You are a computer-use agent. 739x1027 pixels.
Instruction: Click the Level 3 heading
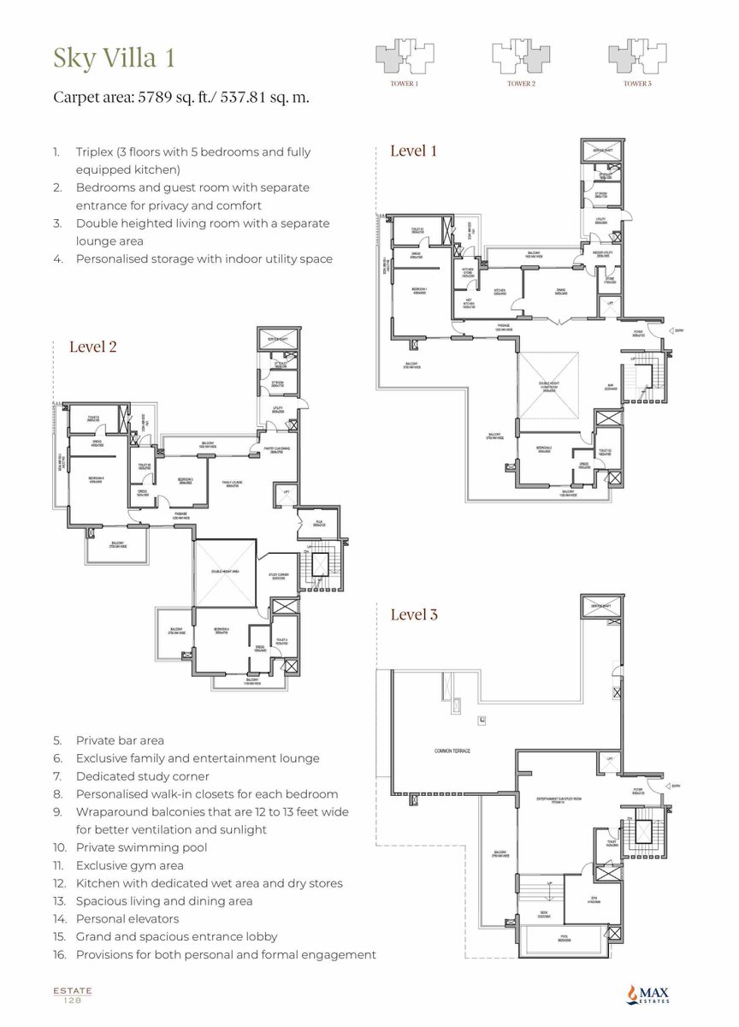pyautogui.click(x=414, y=614)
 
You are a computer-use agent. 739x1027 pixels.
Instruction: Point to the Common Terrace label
pyautogui.click(x=452, y=751)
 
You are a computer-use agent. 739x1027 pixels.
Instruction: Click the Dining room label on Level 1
pyautogui.click(x=560, y=291)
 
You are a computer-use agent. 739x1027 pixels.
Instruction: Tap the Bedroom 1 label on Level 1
pyautogui.click(x=420, y=290)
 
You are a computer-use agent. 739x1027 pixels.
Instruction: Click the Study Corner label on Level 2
pyautogui.click(x=280, y=576)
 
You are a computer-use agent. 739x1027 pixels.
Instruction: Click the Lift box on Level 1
pyautogui.click(x=610, y=303)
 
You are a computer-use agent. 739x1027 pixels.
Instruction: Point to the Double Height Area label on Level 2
pyautogui.click(x=224, y=570)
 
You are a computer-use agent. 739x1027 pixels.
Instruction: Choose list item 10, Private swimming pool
pyautogui.click(x=141, y=847)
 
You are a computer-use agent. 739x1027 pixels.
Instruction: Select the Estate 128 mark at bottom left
pyautogui.click(x=72, y=994)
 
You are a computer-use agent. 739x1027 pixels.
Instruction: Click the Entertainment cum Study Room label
pyautogui.click(x=560, y=801)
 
